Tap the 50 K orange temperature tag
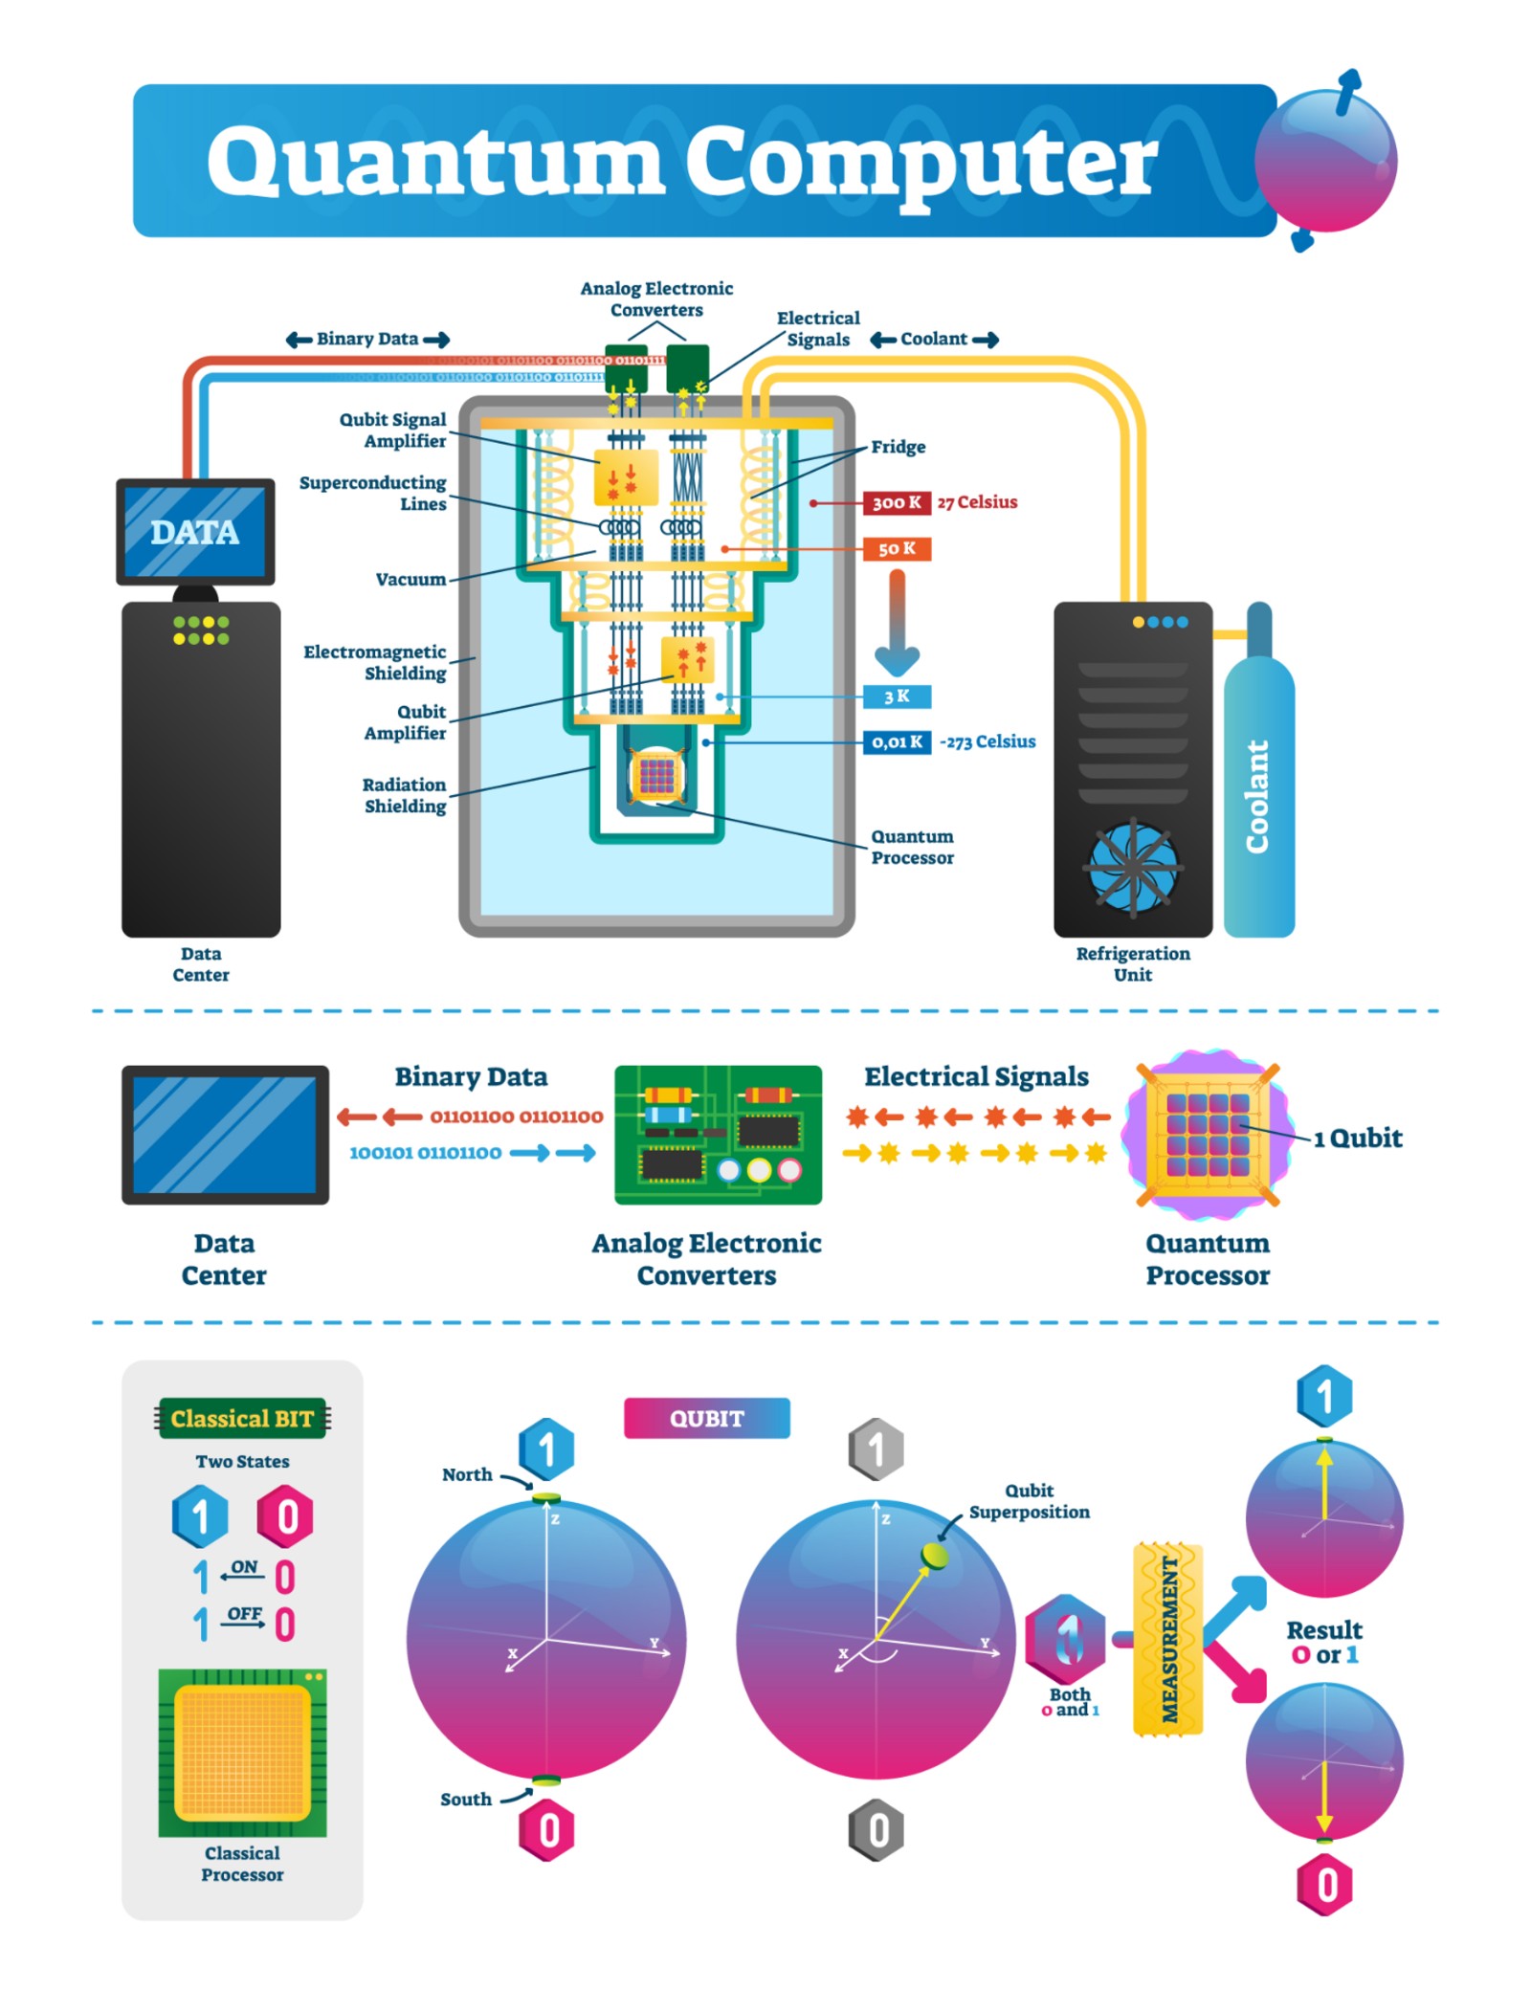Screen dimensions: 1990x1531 tap(896, 548)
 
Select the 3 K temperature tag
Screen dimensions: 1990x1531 tap(896, 696)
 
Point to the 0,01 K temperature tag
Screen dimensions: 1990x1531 tap(896, 741)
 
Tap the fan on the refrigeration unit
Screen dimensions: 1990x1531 tap(1133, 866)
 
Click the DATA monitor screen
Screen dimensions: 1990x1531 tap(195, 531)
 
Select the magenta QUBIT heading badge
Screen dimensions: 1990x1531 tap(706, 1418)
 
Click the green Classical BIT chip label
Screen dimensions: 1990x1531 tap(242, 1418)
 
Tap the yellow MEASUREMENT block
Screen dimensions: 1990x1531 tap(1167, 1639)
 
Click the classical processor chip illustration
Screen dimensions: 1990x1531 tap(242, 1751)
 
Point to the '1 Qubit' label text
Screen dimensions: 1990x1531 tap(1357, 1138)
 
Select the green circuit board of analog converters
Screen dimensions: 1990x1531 tap(718, 1134)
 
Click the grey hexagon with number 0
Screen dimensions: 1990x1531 tap(876, 1829)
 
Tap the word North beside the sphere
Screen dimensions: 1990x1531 tap(467, 1474)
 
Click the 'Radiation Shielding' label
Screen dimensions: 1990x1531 tap(404, 795)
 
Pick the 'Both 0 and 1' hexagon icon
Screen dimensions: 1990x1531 tap(1065, 1639)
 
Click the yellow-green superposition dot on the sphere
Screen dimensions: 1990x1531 tap(934, 1555)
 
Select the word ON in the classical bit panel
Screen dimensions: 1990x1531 tap(244, 1566)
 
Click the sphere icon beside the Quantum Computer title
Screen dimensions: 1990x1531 tap(1325, 160)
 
